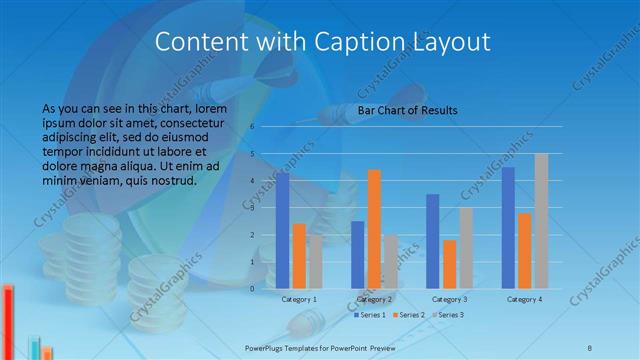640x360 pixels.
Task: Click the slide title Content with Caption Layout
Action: (324, 42)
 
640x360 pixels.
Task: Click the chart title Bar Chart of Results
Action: (407, 110)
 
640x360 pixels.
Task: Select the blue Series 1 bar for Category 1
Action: (283, 230)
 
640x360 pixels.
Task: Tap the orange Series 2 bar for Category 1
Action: (299, 256)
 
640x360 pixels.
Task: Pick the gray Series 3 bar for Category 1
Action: (315, 262)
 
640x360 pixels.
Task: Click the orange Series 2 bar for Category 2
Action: (374, 229)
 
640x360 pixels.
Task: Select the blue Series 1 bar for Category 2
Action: (358, 255)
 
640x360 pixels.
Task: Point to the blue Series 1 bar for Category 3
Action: (433, 241)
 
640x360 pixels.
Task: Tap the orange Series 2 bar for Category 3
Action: (449, 264)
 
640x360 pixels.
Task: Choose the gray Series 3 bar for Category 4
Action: (541, 221)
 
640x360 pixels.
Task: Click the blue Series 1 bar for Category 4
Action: (508, 228)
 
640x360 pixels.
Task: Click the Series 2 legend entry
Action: (409, 315)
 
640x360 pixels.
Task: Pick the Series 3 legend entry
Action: (448, 315)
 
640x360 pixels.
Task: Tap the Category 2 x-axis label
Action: (374, 299)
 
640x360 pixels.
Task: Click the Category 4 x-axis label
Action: (524, 299)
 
